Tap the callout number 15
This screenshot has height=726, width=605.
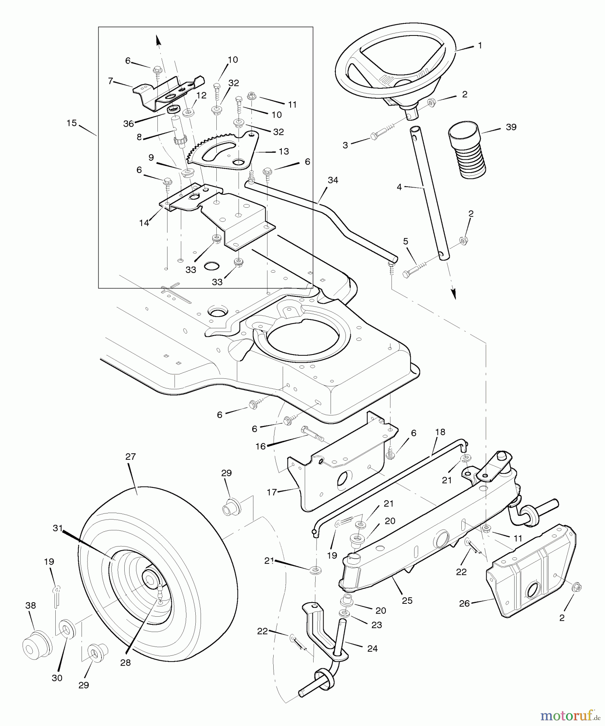click(x=71, y=123)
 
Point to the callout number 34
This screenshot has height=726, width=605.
click(x=333, y=180)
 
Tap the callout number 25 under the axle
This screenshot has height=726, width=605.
click(x=407, y=601)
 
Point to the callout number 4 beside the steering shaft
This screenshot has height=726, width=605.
click(x=399, y=187)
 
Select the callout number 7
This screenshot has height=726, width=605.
click(x=110, y=81)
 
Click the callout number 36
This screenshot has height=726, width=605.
click(x=128, y=124)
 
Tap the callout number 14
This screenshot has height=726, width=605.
click(x=144, y=222)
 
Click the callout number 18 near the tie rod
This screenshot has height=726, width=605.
click(x=440, y=432)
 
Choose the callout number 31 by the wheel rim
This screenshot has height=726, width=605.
click(x=58, y=528)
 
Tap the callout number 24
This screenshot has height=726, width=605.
click(x=372, y=649)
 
